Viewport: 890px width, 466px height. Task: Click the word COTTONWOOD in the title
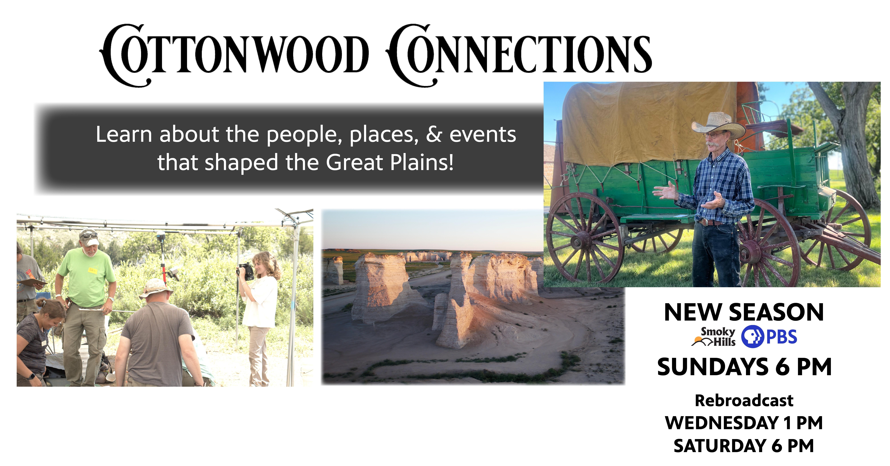234,55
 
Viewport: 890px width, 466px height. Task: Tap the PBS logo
769,337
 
